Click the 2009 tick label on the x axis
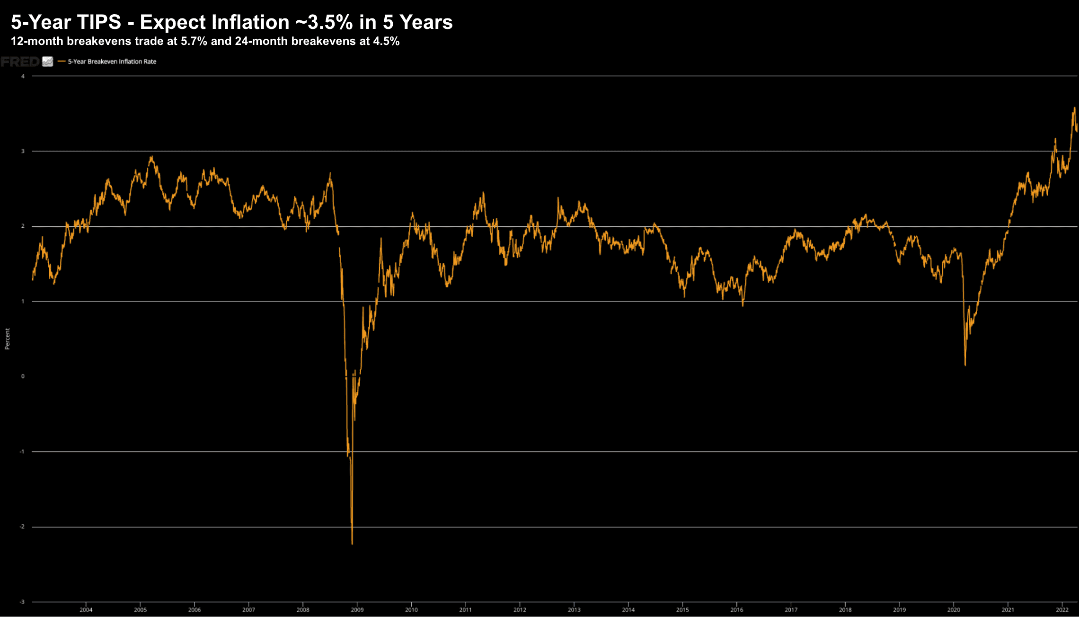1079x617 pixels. tap(357, 610)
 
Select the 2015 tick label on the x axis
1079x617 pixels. tap(682, 610)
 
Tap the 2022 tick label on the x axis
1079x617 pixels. tap(1062, 610)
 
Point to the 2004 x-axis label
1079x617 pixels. tap(86, 610)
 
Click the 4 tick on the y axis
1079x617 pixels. tap(23, 76)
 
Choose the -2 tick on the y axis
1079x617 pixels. tap(22, 527)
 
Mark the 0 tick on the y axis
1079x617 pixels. tap(23, 376)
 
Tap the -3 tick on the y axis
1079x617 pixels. tap(22, 602)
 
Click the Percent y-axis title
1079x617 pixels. tap(7, 339)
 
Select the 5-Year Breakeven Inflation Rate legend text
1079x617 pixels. tap(112, 62)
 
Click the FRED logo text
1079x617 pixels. tap(20, 62)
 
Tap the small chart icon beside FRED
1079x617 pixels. tap(48, 62)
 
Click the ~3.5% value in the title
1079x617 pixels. tap(325, 22)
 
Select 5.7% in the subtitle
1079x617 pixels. tap(194, 41)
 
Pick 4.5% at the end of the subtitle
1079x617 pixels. tap(386, 41)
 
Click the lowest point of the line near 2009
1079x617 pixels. tap(352, 544)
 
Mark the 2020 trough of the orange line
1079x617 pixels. tap(965, 365)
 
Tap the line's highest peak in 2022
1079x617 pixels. tap(1074, 108)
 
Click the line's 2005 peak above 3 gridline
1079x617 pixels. tap(151, 157)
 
